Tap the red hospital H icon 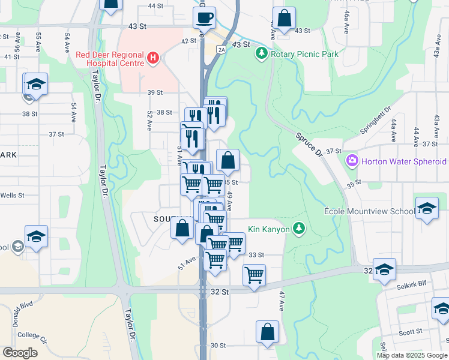click(x=154, y=58)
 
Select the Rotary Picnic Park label click(x=304, y=54)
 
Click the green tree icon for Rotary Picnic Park click(x=261, y=54)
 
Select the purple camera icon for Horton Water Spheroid click(x=351, y=161)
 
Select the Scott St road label click(x=411, y=332)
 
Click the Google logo click(x=20, y=353)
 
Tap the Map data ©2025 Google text click(x=412, y=355)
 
